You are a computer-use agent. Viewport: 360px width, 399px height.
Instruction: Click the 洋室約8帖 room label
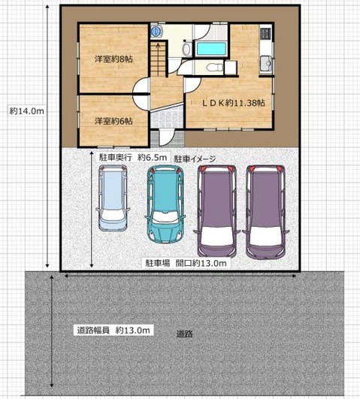pos(113,59)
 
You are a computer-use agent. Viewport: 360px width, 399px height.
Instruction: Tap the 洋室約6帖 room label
pos(113,121)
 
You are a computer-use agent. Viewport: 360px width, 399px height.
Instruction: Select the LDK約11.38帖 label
pos(234,102)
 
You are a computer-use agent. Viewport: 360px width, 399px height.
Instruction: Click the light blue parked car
pos(113,198)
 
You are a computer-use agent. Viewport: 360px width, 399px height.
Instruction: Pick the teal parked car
pos(165,204)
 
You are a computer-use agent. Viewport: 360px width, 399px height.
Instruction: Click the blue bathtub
pos(211,49)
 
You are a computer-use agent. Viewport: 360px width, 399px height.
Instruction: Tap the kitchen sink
pos(266,63)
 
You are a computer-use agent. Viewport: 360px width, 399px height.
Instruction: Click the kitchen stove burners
pos(266,33)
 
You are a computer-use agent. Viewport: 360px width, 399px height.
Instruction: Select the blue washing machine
pos(156,32)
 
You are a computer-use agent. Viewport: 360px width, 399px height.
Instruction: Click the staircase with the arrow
pos(158,59)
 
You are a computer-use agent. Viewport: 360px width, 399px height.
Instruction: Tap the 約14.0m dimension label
pos(27,111)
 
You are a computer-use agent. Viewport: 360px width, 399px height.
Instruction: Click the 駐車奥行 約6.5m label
pos(133,158)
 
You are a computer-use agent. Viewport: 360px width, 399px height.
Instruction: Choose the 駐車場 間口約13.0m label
pos(186,263)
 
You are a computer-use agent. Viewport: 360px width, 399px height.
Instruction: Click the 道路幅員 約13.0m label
pos(113,331)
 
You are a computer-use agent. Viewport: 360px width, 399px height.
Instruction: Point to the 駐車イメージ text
pos(195,159)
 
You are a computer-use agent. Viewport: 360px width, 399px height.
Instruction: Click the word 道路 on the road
pos(185,334)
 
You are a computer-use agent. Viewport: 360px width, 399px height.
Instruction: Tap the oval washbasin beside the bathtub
pos(186,49)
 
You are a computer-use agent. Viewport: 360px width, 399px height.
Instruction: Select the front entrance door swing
pos(167,138)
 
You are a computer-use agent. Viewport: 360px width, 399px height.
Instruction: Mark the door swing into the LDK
pos(192,85)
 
